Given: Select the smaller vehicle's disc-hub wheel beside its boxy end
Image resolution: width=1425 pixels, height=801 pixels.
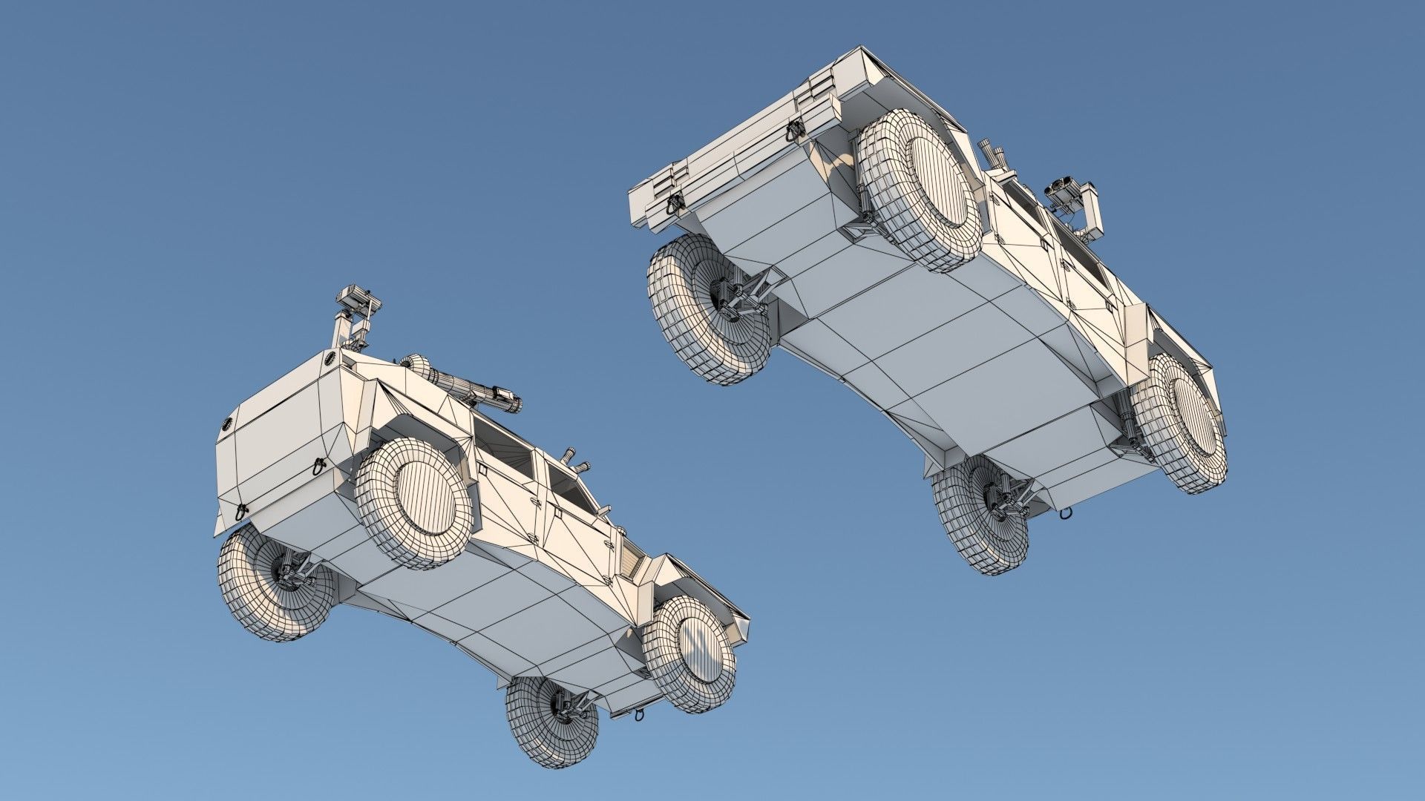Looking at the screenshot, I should pos(415,504).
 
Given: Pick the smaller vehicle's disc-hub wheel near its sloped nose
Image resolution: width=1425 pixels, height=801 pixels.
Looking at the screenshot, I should pos(689,653).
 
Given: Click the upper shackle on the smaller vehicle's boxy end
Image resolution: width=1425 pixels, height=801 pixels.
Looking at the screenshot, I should pos(318,466).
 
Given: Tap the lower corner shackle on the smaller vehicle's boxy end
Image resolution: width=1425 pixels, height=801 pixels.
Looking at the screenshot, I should pos(241,512).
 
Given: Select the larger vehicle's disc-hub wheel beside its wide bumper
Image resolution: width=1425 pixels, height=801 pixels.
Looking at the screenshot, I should pos(920,190).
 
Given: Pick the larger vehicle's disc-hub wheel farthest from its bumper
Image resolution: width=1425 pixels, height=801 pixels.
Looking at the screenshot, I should pos(1180,423).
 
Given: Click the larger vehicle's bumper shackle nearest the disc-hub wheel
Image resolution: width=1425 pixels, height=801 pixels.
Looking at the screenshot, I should pos(795,131).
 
